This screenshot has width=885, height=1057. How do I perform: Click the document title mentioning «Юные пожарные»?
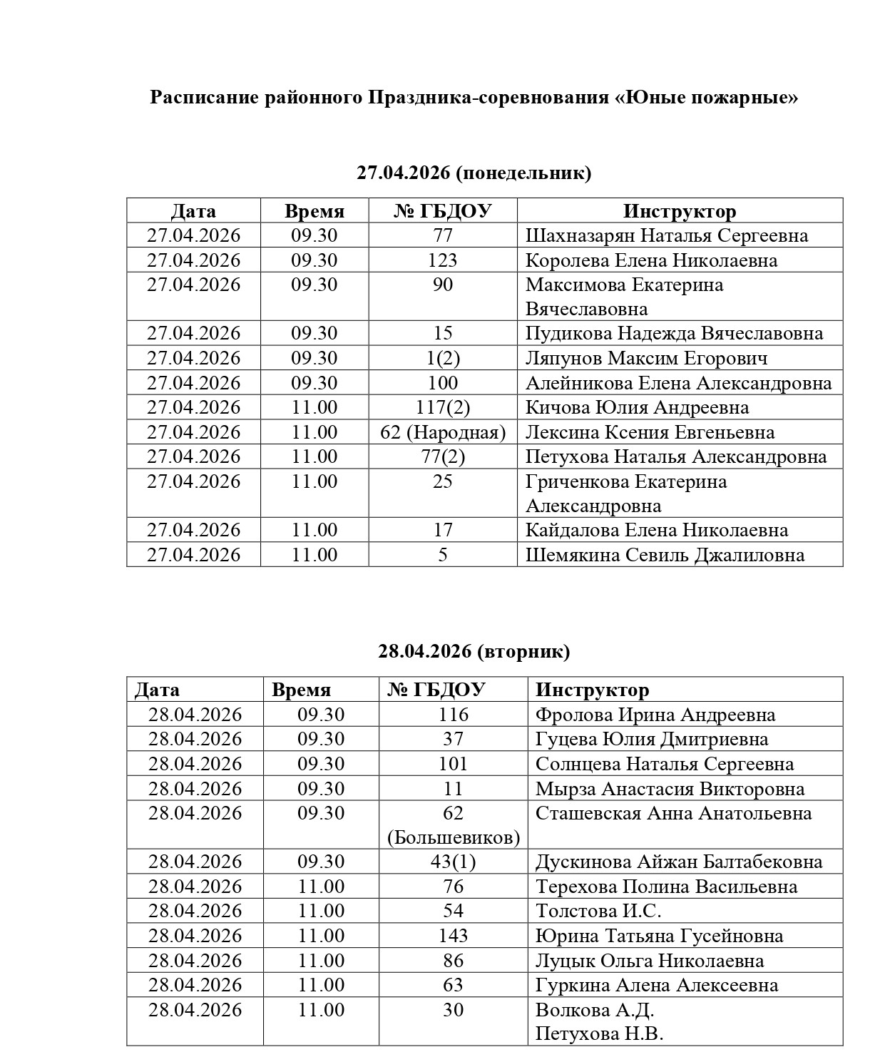click(x=474, y=98)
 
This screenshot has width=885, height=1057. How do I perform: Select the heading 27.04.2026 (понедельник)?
click(x=474, y=173)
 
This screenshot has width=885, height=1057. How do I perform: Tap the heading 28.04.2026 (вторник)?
click(x=474, y=651)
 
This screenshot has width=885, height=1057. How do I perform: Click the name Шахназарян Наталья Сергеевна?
click(x=667, y=235)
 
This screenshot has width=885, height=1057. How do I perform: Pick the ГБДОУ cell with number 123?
click(x=442, y=260)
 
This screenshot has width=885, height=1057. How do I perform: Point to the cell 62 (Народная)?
click(x=442, y=432)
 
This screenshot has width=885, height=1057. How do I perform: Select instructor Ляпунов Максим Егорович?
click(x=646, y=358)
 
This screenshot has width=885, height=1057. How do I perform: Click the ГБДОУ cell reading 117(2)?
click(x=442, y=407)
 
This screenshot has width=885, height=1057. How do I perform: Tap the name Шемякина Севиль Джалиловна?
click(x=665, y=555)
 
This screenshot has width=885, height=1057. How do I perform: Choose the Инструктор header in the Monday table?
click(x=679, y=211)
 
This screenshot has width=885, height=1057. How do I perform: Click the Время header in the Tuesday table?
click(x=301, y=690)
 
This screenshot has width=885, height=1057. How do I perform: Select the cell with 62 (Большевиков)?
click(x=453, y=825)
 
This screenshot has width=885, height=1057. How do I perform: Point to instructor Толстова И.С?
click(x=598, y=911)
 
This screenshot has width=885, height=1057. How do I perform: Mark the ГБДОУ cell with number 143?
click(x=453, y=936)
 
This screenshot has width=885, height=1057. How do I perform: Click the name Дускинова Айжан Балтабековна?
click(x=679, y=862)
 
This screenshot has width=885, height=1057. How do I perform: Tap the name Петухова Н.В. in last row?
click(x=599, y=1034)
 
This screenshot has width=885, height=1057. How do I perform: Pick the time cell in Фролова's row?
click(x=321, y=715)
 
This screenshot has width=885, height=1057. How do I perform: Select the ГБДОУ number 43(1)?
click(x=453, y=862)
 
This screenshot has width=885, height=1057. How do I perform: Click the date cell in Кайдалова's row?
click(x=193, y=530)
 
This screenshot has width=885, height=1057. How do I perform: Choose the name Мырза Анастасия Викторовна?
click(x=670, y=789)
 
